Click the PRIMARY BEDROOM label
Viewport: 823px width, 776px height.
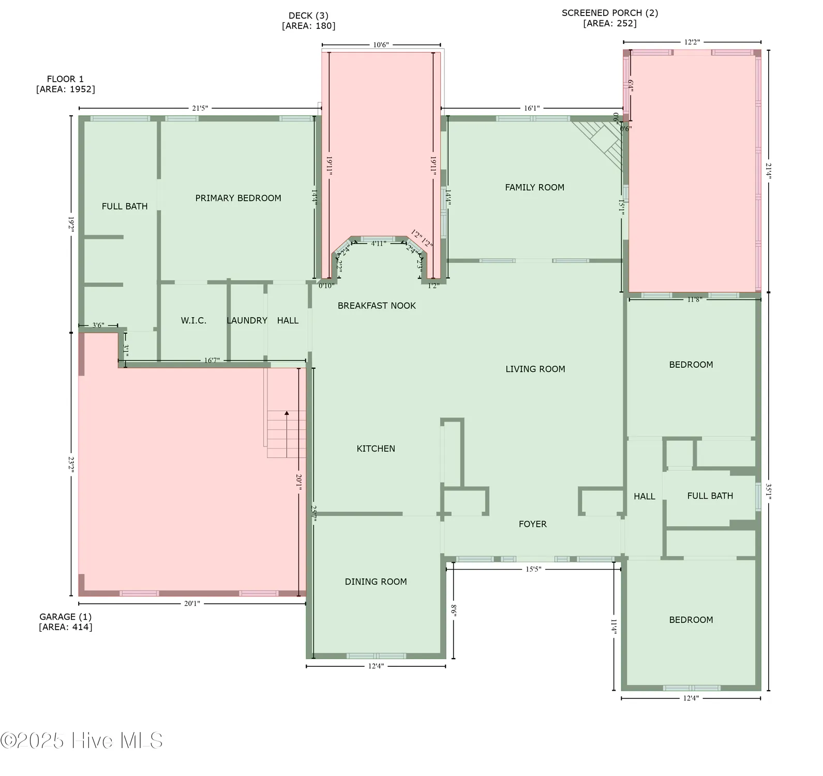point(238,198)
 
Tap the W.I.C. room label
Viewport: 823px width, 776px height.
point(193,321)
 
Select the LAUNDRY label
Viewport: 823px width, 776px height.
point(247,321)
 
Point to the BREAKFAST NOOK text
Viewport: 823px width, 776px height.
point(377,306)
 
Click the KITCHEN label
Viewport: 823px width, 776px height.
point(376,449)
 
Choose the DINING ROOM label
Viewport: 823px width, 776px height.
point(376,582)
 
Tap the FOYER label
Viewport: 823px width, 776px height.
point(532,525)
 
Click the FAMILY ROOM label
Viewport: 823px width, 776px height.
point(534,188)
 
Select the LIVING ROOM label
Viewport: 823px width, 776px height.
point(535,369)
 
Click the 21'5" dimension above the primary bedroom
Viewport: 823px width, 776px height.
point(200,108)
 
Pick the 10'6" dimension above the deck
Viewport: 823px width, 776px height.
point(381,45)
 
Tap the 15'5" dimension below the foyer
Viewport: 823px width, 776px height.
point(533,569)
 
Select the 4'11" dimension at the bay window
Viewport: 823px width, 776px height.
point(379,244)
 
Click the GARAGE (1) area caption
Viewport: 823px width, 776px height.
point(66,622)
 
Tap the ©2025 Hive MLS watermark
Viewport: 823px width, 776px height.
point(81,741)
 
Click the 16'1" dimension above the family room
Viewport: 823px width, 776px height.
point(531,108)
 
